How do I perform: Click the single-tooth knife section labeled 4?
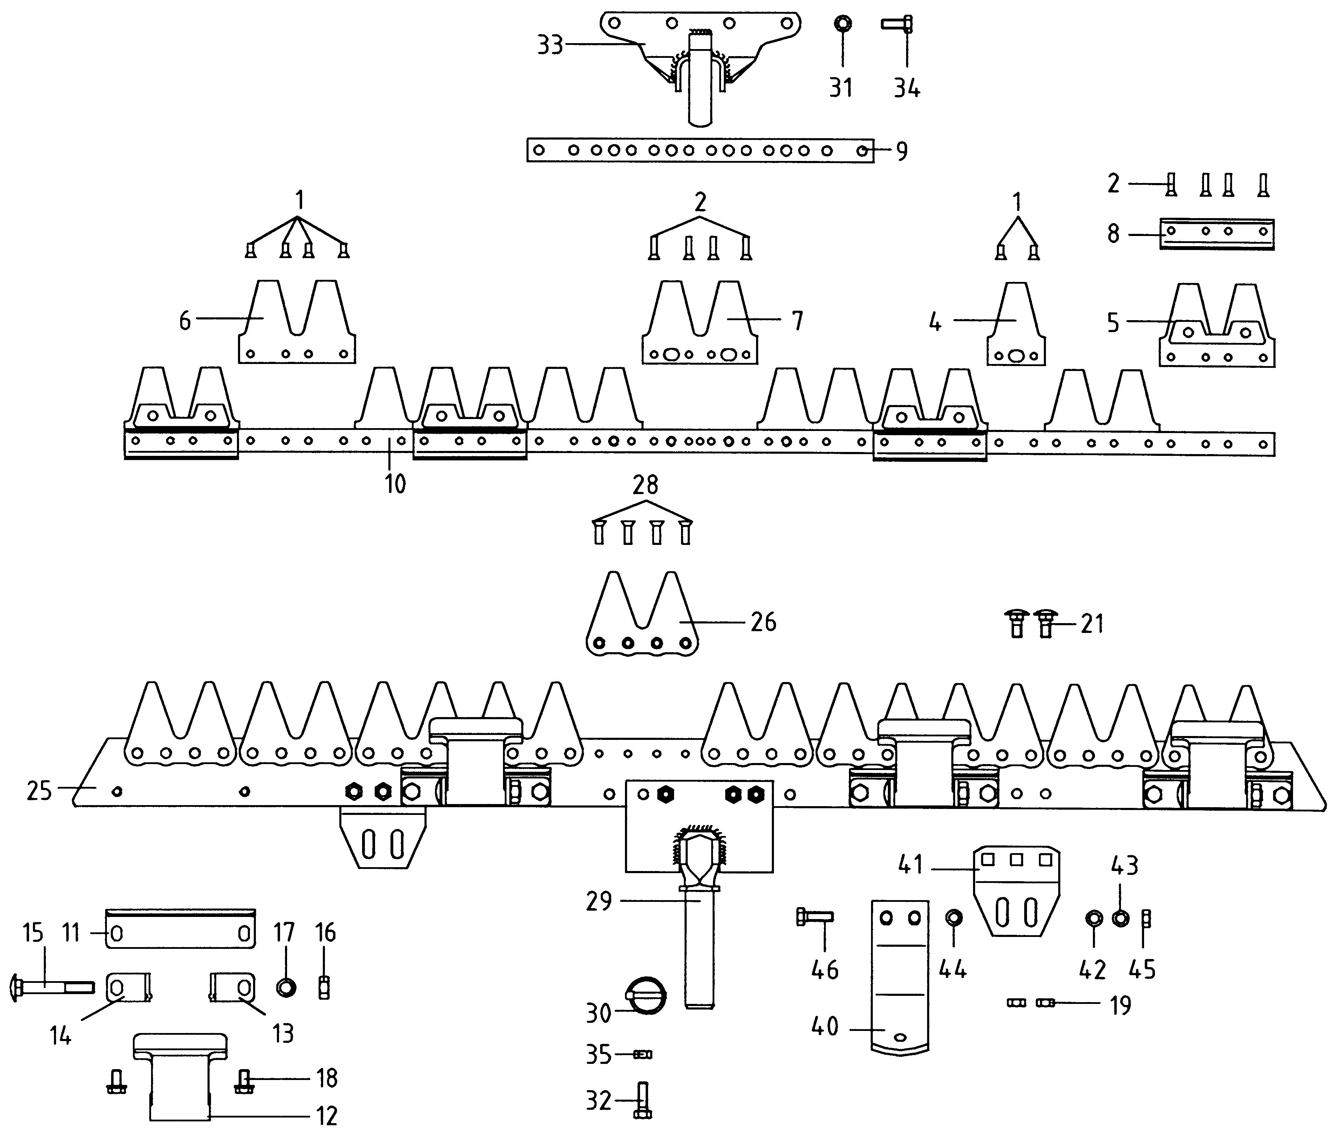(x=1015, y=328)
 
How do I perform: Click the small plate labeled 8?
(x=1217, y=234)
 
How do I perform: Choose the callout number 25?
(x=39, y=790)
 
